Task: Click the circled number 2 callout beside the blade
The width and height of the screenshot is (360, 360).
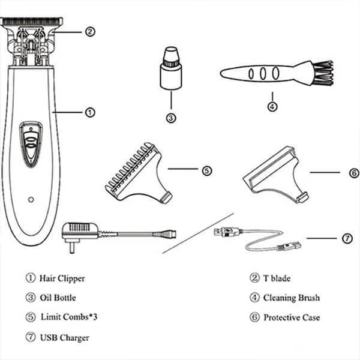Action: click(x=90, y=32)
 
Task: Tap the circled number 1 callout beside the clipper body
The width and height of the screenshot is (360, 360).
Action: click(x=90, y=112)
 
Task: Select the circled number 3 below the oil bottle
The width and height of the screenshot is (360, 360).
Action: click(x=171, y=118)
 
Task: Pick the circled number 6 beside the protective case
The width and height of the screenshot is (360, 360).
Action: click(x=353, y=173)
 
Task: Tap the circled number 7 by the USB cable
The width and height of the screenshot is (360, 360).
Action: click(x=347, y=238)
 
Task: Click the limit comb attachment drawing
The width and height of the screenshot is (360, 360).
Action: click(x=138, y=174)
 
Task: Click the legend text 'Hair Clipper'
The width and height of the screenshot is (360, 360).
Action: click(x=62, y=278)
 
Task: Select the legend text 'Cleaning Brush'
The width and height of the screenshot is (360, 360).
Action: click(x=292, y=298)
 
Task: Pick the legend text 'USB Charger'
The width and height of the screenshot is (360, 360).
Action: click(x=64, y=337)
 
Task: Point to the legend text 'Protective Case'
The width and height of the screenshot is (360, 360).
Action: click(x=292, y=317)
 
